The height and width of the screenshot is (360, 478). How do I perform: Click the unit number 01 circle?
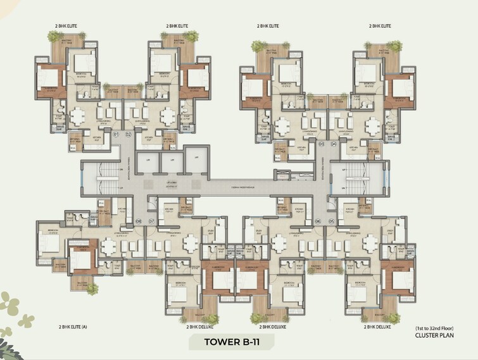pos(116,134)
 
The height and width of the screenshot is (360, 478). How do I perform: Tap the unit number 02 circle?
pos(128,134)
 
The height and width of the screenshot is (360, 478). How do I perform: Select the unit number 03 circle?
pos(322,144)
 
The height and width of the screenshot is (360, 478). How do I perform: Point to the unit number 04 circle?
pos(333,144)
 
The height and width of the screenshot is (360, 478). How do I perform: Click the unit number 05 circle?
pos(331,221)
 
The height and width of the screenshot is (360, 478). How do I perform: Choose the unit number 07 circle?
pos(151,221)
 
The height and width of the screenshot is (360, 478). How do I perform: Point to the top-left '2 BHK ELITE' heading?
pos(65,26)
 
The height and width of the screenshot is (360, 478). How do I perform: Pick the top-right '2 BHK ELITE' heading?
pos(380,26)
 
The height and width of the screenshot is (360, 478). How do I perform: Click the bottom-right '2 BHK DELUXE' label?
pos(377,327)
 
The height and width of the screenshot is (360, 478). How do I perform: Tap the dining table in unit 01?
pos(80,116)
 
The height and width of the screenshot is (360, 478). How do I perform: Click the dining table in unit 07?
pos(189,243)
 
